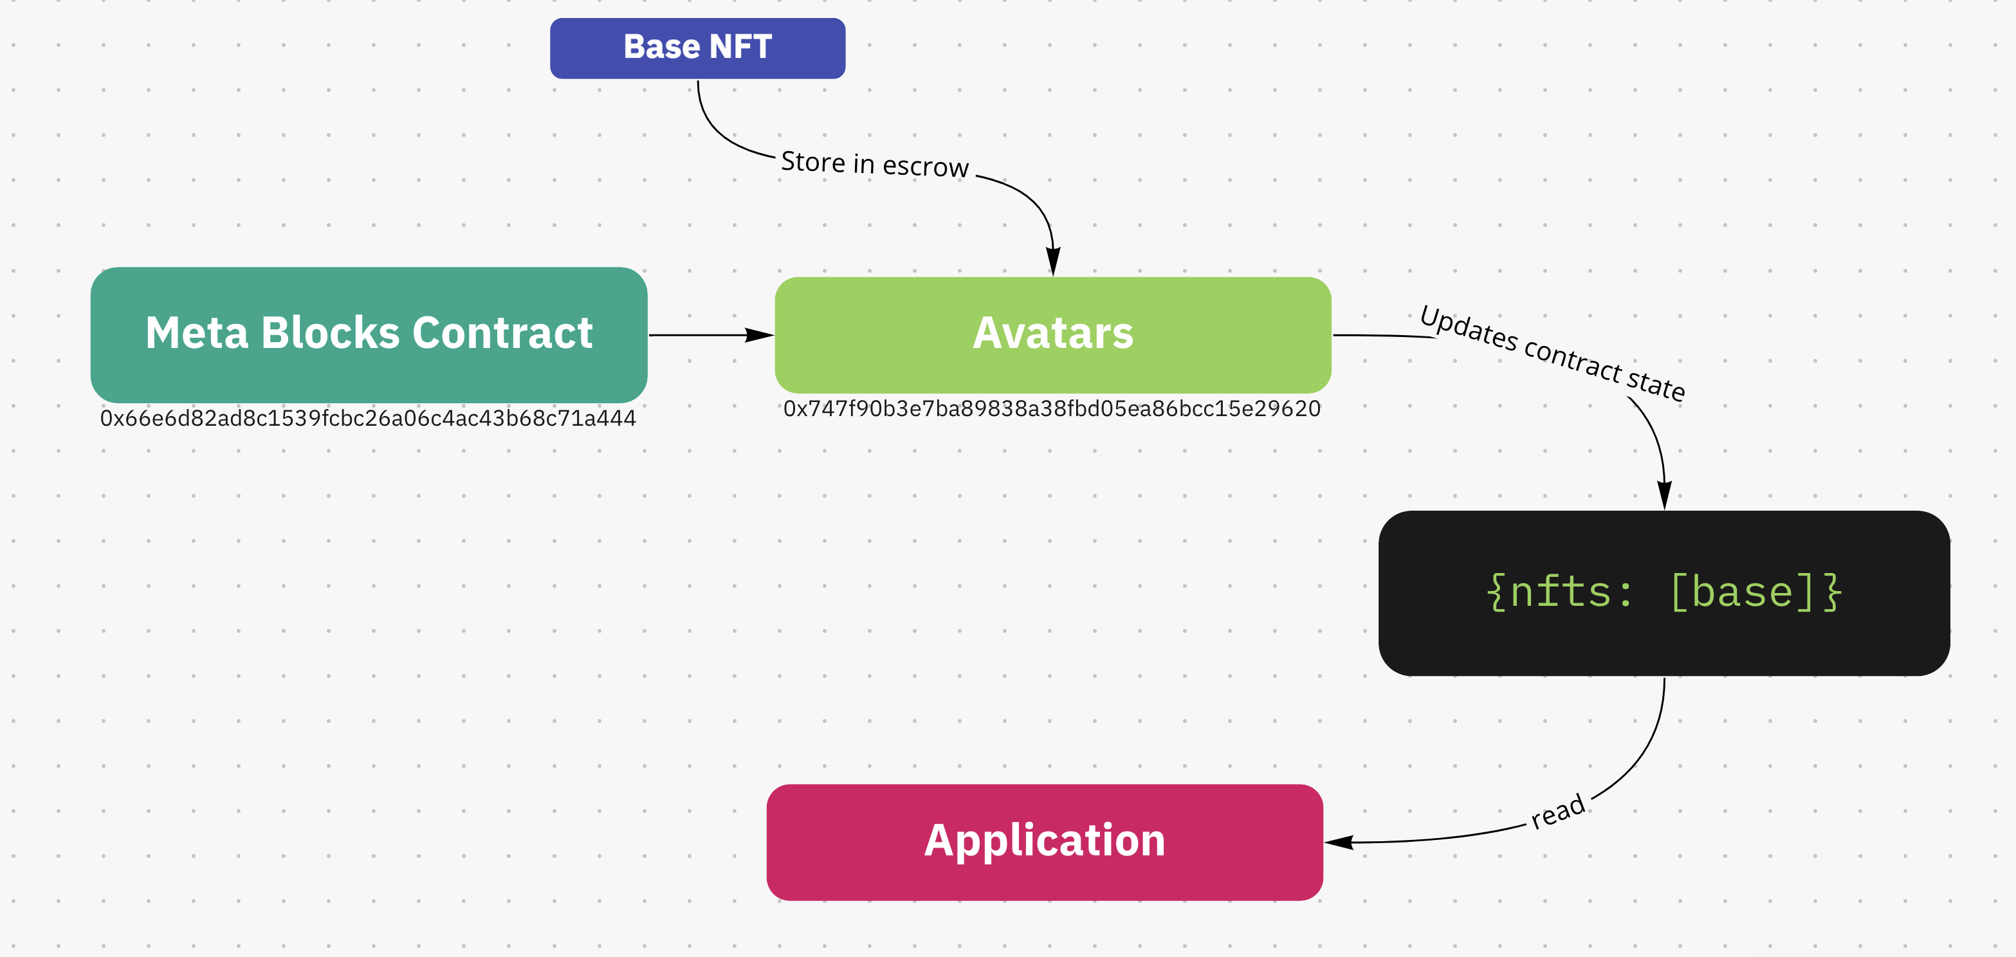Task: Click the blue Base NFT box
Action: (697, 48)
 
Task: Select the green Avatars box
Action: (1052, 334)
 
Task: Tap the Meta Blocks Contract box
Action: (369, 334)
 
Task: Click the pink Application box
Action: (1045, 842)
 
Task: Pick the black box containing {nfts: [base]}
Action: (1664, 592)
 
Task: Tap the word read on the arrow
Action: (1557, 812)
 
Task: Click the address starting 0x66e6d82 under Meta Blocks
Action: (368, 419)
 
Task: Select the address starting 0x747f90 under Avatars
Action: (1052, 408)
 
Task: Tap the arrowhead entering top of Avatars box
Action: (1054, 261)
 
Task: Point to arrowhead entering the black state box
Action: (1665, 495)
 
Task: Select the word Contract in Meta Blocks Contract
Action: (502, 333)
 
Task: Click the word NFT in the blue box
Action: (740, 47)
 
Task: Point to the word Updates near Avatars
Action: (1468, 328)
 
